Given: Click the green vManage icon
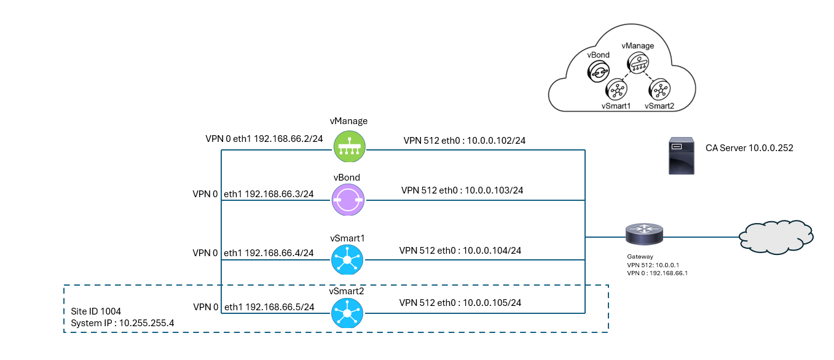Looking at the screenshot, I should click(349, 146).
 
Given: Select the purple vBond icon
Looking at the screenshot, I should click(348, 200).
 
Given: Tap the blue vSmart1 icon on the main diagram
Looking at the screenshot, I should click(347, 259).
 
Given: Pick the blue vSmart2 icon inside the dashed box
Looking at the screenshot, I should click(347, 313).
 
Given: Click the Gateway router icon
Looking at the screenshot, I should click(644, 235).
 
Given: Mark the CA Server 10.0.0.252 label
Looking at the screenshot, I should click(749, 148).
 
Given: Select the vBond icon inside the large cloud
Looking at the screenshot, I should click(598, 72).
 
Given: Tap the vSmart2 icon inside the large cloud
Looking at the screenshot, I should click(659, 90).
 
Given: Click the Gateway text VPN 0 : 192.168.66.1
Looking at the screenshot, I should click(656, 272).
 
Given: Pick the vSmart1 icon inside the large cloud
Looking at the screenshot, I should click(616, 90).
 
